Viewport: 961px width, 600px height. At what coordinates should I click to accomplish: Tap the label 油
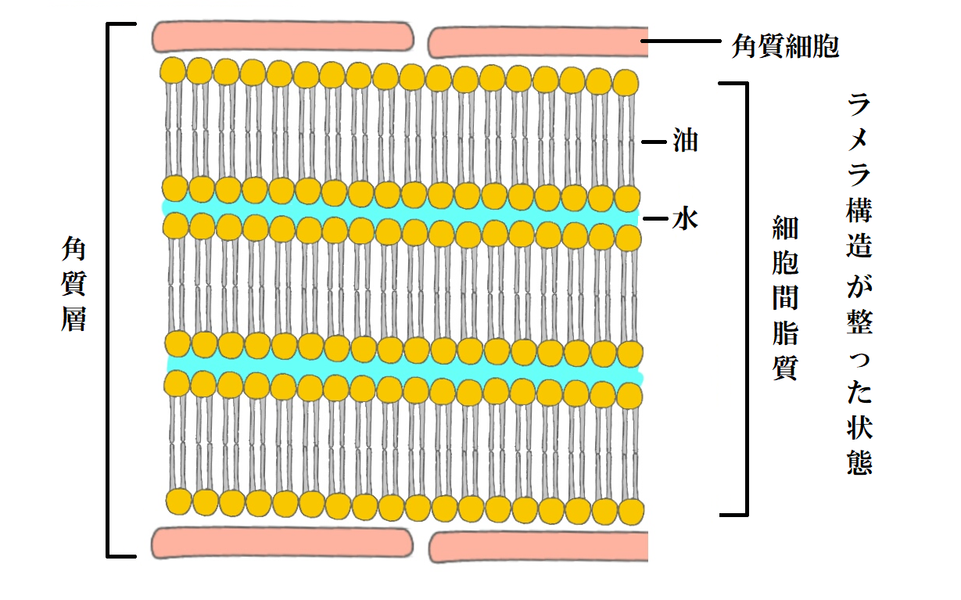tap(684, 142)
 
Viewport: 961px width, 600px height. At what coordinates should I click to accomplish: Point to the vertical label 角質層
tap(74, 285)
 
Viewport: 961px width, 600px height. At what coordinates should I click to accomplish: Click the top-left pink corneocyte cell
tap(283, 36)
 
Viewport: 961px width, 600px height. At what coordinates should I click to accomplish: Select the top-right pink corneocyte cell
tap(538, 42)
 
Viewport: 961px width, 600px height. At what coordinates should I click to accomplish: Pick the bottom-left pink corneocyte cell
tap(281, 541)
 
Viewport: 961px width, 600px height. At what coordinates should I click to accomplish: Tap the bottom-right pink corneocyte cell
tap(538, 546)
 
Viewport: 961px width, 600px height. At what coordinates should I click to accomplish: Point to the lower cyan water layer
tap(403, 365)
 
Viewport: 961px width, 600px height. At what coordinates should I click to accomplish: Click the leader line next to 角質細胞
tap(680, 40)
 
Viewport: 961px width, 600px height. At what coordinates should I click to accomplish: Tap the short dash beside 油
tap(652, 142)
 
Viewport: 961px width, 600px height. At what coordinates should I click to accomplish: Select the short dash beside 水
tap(652, 219)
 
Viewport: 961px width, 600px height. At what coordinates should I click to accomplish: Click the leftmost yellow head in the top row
tap(172, 70)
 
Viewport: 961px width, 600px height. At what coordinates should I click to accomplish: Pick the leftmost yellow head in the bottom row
tap(179, 501)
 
